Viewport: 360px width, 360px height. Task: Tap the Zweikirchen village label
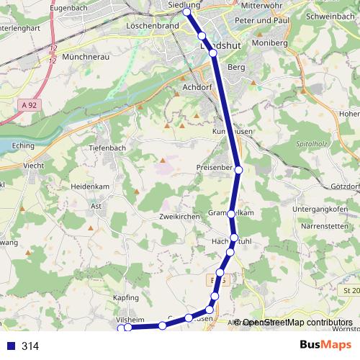179,216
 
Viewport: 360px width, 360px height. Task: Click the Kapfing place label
125,297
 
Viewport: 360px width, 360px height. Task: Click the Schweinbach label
329,15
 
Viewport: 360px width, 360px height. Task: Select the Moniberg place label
270,43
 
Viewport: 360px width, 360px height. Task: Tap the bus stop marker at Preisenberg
238,170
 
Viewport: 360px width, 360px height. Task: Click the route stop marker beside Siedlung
186,12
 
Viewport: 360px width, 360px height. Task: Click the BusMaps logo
325,346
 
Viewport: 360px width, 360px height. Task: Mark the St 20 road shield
351,290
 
